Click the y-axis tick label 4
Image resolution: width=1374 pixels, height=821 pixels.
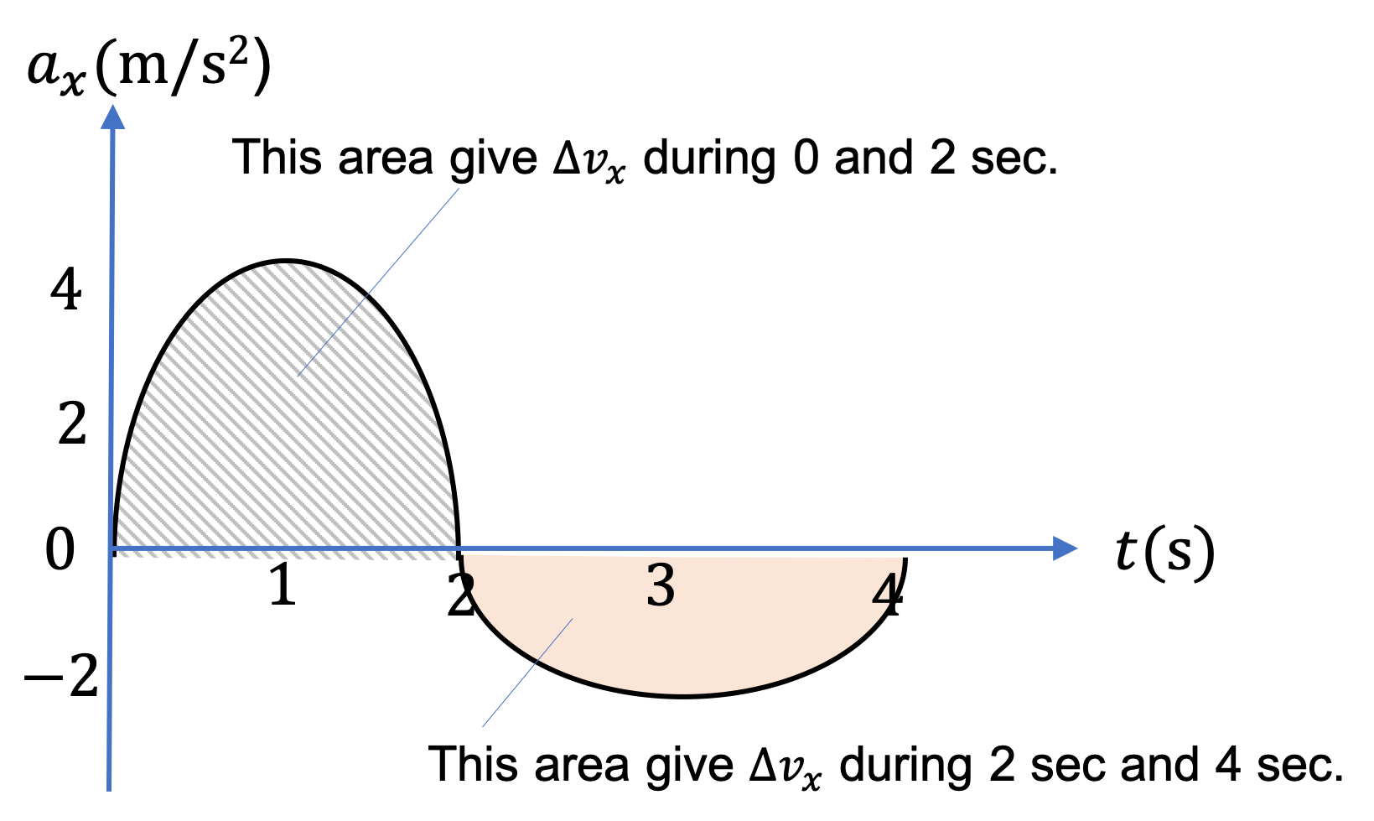coord(65,289)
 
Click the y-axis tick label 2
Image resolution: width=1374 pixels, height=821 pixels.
coord(72,424)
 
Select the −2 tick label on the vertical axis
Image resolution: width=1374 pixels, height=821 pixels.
coord(61,676)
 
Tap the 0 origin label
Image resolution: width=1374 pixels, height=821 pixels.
coord(60,549)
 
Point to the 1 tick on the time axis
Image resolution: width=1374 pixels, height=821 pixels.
coord(283,585)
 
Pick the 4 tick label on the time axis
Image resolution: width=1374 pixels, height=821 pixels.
coord(888,595)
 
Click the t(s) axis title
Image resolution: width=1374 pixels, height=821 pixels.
coord(1164,550)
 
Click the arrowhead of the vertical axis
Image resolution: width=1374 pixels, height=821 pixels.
coord(112,117)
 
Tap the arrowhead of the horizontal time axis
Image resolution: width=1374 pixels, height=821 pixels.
coord(1065,548)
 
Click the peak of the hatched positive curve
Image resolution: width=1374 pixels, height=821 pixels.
coord(286,262)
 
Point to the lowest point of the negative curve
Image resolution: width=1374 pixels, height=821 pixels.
coord(682,696)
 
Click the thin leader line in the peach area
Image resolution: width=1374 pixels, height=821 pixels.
coord(527,673)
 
